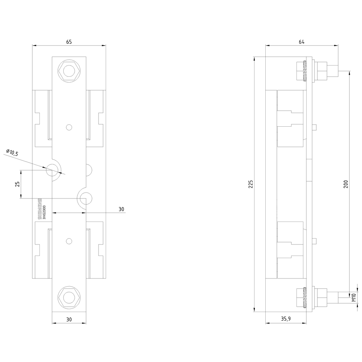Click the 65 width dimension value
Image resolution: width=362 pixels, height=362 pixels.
tap(69, 42)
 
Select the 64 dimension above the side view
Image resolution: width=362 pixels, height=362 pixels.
tap(302, 42)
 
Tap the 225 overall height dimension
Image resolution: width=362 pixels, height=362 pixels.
tap(251, 184)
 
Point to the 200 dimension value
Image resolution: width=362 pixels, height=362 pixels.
tap(345, 184)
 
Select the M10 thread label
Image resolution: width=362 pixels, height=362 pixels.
tap(354, 298)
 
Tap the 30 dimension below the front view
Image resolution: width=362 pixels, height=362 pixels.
tap(69, 319)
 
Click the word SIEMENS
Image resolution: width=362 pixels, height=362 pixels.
tap(40, 209)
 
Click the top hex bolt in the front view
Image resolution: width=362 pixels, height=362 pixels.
tap(69, 70)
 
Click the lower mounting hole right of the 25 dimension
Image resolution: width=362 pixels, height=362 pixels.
tap(85, 198)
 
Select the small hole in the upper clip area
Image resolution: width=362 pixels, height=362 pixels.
tap(69, 127)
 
